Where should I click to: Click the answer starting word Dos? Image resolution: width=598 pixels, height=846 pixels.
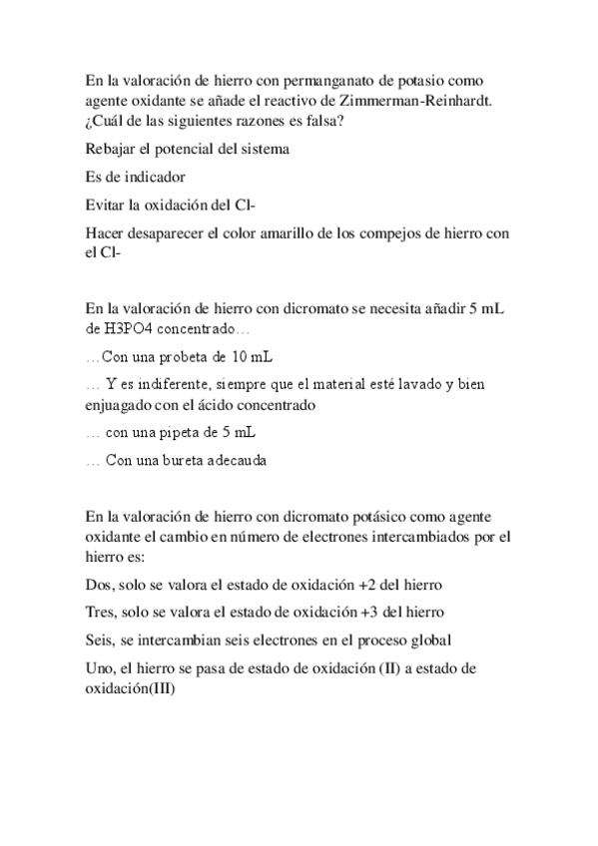coord(98,584)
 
